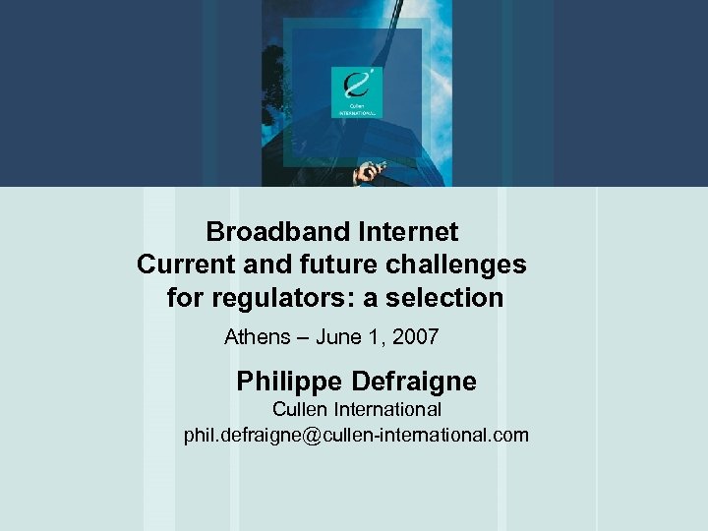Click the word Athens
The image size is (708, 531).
pos(257,337)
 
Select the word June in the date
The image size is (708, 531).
pos(340,337)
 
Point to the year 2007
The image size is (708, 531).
pos(415,337)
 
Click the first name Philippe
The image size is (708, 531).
pos(287,381)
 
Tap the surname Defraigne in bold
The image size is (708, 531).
pos(416,381)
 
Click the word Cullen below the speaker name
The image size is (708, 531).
pos(300,409)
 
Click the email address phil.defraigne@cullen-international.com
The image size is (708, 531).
pos(356,435)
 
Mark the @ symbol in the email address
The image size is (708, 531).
pos(314,435)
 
